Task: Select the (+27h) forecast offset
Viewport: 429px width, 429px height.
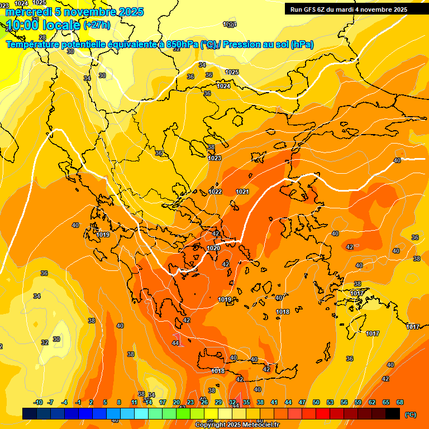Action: (x=97, y=25)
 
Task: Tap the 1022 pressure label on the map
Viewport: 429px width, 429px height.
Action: (x=215, y=192)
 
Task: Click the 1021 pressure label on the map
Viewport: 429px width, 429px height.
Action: (x=242, y=192)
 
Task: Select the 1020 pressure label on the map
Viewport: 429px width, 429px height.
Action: (x=213, y=248)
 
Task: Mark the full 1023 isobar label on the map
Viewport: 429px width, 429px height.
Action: (x=214, y=158)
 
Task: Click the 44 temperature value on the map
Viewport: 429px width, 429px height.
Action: (x=175, y=343)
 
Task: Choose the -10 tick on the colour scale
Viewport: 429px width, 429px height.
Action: (x=38, y=402)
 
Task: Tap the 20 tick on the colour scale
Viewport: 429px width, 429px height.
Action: (x=177, y=402)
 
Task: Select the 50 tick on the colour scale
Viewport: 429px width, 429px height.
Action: (x=316, y=402)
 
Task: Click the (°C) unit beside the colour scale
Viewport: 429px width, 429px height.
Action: (x=410, y=414)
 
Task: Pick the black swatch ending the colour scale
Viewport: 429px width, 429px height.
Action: (x=393, y=413)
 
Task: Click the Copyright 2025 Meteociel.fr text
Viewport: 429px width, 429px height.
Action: (x=237, y=425)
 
